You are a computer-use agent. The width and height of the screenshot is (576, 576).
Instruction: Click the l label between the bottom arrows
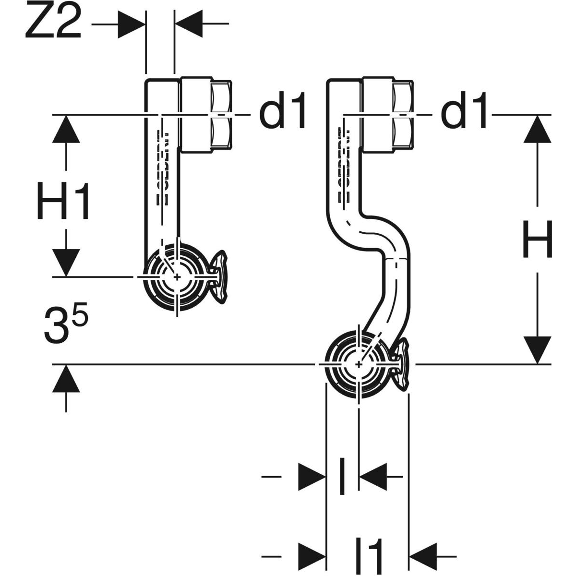point(341,476)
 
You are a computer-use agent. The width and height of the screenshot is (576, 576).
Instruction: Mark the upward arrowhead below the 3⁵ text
point(66,379)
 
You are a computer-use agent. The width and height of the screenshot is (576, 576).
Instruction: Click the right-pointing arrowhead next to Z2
point(131,23)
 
